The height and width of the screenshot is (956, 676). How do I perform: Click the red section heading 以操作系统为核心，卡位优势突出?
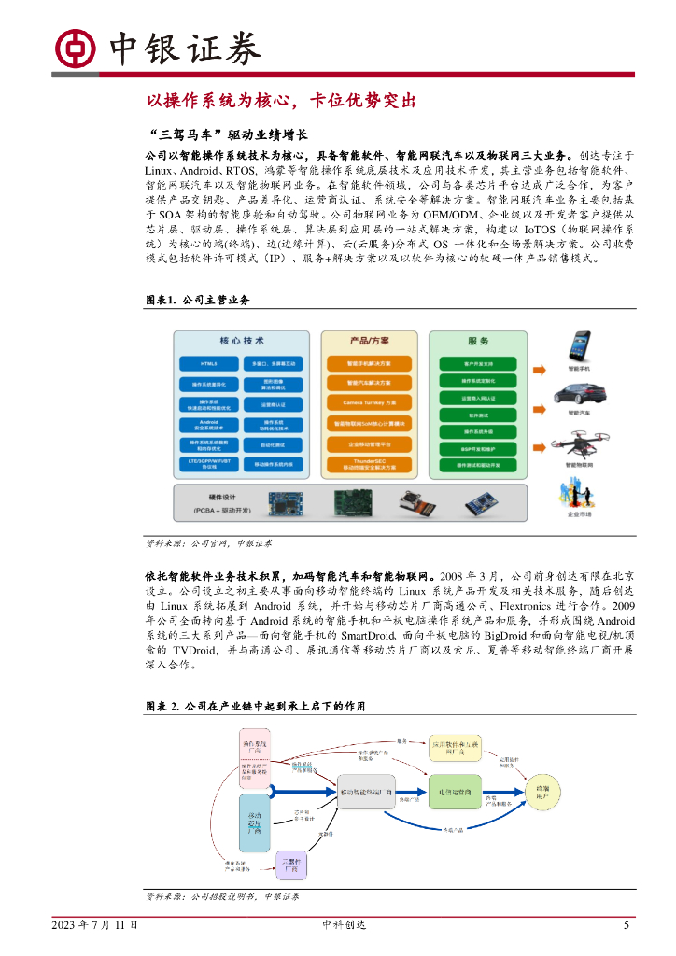(x=280, y=101)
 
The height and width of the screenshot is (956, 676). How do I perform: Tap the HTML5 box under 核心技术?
(x=208, y=362)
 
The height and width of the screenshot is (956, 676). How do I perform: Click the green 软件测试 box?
(x=478, y=414)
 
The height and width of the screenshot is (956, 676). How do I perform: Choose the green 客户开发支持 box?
(x=478, y=362)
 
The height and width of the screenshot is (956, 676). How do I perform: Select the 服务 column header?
(x=478, y=341)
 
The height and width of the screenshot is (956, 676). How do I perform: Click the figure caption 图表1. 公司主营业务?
(x=198, y=300)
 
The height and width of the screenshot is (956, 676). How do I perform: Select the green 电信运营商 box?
(x=456, y=792)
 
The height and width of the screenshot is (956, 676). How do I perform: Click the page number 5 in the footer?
(x=626, y=924)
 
